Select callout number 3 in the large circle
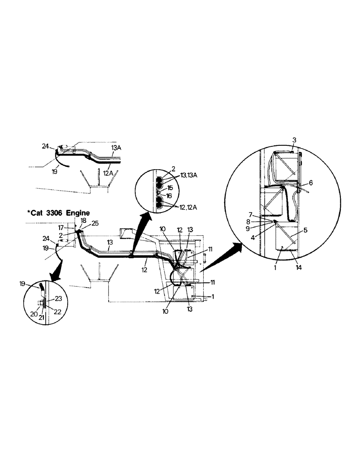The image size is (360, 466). click(x=294, y=140)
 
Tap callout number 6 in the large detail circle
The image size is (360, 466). click(x=311, y=183)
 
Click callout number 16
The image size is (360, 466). click(x=170, y=196)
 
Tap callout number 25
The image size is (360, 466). click(x=95, y=223)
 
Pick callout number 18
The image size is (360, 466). click(x=83, y=219)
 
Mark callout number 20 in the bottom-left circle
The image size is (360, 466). click(x=34, y=314)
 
